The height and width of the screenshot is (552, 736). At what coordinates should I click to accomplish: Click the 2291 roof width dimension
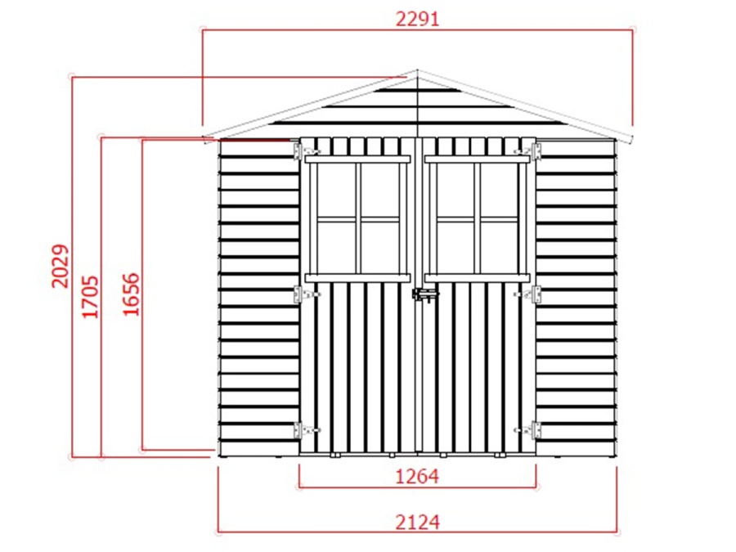417,19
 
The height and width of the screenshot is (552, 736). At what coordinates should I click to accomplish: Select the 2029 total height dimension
60,266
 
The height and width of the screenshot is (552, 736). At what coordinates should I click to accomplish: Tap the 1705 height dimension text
91,297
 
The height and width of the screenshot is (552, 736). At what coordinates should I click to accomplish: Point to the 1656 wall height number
131,294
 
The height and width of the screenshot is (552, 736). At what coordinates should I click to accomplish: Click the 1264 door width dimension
417,477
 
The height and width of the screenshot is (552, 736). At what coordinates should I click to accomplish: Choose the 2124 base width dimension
417,522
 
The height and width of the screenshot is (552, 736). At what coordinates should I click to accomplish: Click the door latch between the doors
424,295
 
